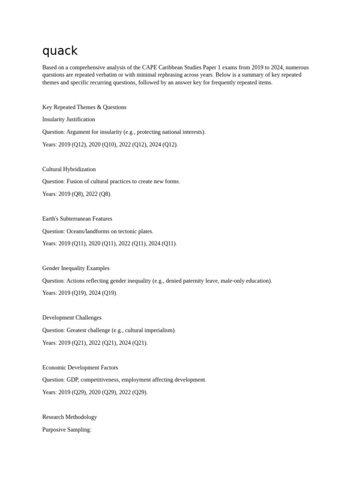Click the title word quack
[60, 51]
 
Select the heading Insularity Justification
[68, 120]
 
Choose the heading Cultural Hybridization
[69, 169]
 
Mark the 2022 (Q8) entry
[98, 194]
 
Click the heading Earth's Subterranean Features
[77, 219]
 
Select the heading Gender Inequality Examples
[76, 268]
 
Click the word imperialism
[159, 330]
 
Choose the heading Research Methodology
[69, 417]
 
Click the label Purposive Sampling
[66, 430]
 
